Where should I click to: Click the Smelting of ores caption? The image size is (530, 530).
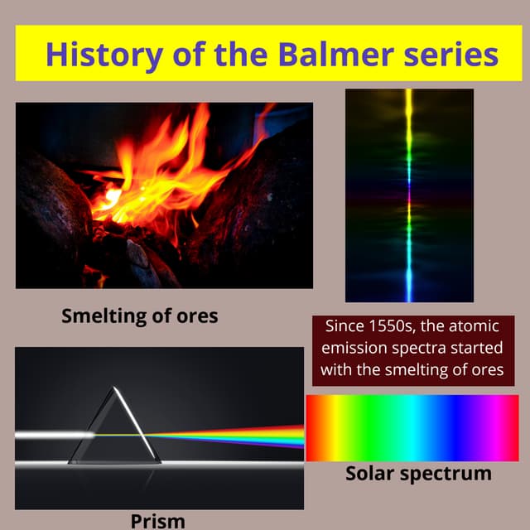point(140,316)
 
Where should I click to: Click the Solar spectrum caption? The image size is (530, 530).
point(417,474)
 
